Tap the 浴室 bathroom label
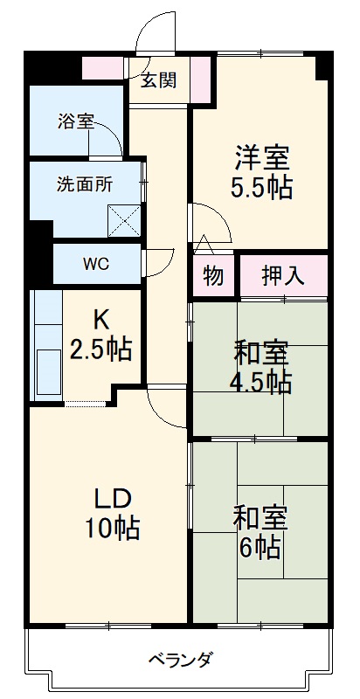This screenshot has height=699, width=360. point(75,122)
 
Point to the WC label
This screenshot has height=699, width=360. point(96,264)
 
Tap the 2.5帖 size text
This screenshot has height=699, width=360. point(101,349)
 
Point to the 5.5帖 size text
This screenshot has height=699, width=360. point(261,188)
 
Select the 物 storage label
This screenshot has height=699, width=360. point(213,276)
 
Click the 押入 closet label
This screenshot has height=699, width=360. point(283,276)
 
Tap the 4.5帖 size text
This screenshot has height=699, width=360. point(261,382)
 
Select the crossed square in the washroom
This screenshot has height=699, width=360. point(124,220)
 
